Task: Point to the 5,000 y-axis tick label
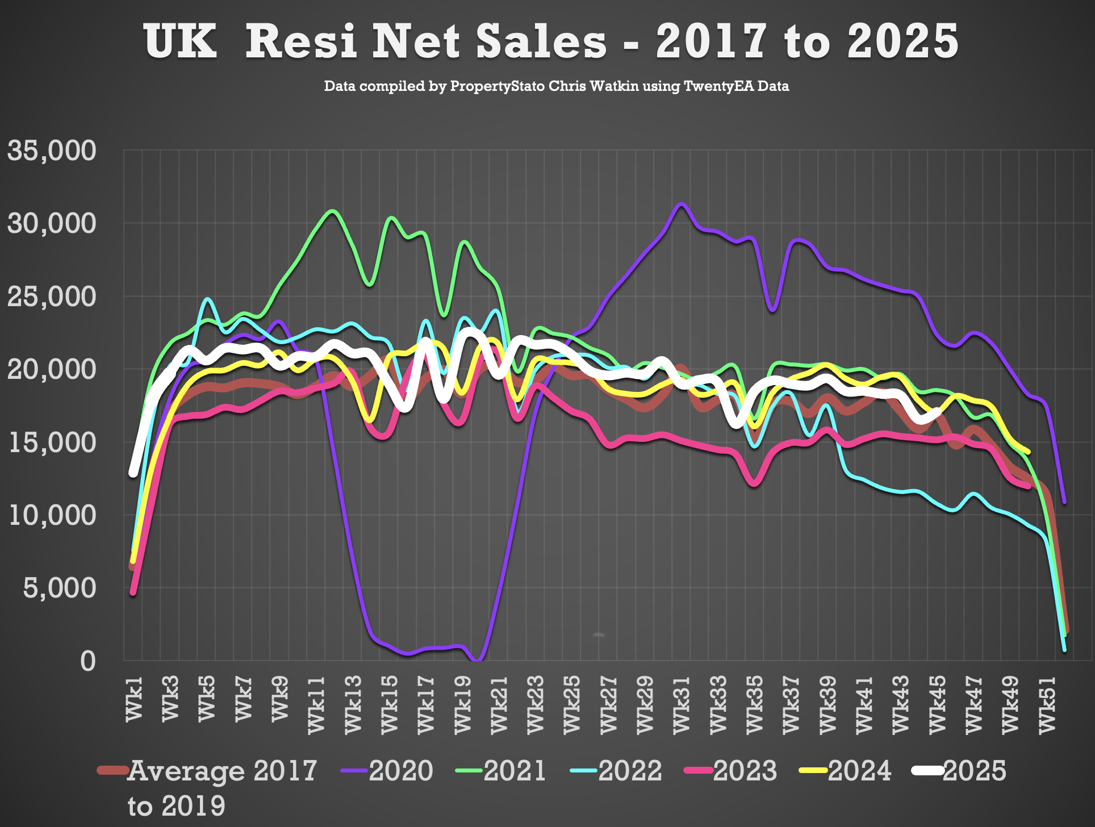point(60,588)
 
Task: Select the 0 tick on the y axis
point(88,661)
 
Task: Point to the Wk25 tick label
point(572,704)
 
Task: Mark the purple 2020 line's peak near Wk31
point(682,204)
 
